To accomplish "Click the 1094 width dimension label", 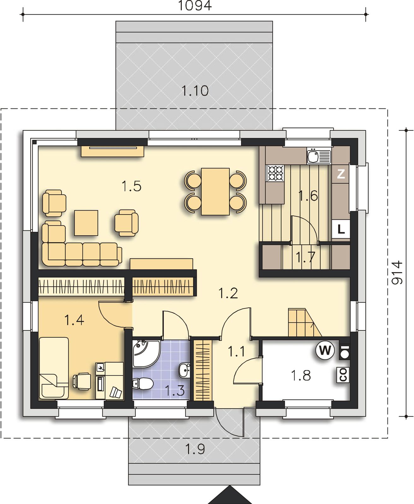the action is point(195,6).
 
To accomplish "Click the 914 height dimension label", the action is point(397,273).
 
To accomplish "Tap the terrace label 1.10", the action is point(195,91).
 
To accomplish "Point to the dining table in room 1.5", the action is point(215,192).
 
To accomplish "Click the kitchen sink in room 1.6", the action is point(319,156).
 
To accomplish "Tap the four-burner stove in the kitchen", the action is point(275,173).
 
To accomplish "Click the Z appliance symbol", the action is point(340,174).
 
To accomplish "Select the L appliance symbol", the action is point(340,229).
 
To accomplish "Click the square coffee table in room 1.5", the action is point(86,223).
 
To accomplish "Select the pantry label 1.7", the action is point(305,257).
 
